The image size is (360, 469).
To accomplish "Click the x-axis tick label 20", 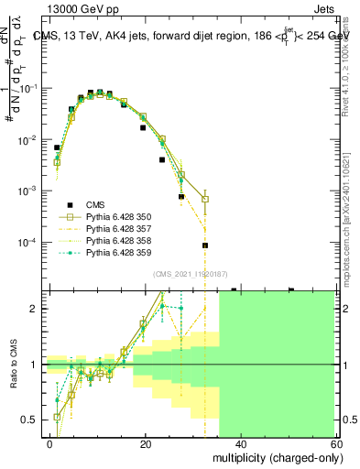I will point(145,443).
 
